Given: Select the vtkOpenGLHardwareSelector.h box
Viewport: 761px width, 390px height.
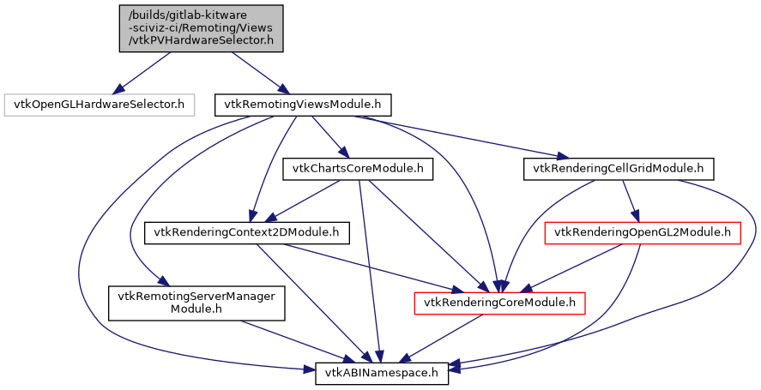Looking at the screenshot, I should pos(99,105).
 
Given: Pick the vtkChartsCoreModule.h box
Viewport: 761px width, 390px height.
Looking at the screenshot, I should pos(357,169).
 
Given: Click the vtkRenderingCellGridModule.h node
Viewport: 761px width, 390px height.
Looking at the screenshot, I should pos(618,169).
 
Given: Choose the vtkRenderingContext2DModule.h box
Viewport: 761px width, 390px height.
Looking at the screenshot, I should pos(247,231).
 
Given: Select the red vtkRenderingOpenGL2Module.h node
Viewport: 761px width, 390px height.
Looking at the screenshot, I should pos(643,231).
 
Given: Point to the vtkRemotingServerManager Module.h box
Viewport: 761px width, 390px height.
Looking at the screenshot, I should pos(195,302).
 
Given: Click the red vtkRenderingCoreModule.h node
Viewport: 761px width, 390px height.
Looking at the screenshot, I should pos(499,302).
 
